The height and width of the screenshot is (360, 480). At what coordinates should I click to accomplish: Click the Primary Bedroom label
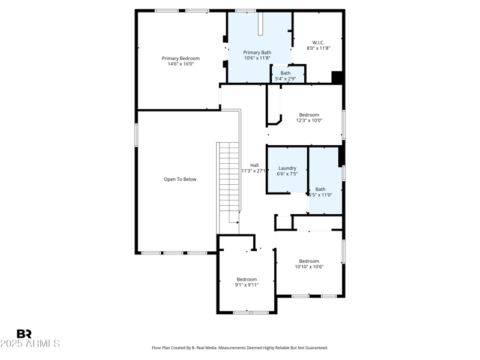click(181, 58)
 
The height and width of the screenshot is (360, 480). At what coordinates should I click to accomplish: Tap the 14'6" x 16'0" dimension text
click(181, 64)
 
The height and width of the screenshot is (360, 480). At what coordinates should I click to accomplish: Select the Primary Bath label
click(257, 52)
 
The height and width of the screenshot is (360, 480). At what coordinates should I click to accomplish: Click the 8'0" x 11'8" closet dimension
click(318, 48)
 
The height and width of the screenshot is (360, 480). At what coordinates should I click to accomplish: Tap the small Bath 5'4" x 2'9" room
click(286, 76)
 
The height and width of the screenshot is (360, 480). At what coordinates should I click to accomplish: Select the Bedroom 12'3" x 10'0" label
click(309, 115)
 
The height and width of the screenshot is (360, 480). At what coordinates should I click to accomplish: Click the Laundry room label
click(287, 168)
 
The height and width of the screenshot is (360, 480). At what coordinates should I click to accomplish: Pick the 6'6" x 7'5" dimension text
click(287, 174)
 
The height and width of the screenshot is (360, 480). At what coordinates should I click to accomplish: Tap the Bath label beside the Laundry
click(320, 189)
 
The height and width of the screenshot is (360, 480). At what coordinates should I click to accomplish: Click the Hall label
click(254, 165)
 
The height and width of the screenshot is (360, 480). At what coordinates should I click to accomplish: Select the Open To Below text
click(180, 179)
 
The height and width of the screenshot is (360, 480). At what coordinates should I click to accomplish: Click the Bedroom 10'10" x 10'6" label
click(309, 261)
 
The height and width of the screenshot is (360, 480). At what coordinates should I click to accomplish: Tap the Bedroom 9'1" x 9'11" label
click(247, 279)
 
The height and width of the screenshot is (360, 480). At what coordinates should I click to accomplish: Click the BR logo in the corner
click(24, 334)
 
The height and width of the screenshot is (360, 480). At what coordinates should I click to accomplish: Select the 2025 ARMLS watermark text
click(30, 344)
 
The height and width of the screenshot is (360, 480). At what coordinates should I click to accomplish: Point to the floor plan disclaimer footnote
click(240, 348)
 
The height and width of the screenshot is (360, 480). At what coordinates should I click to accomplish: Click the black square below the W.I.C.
click(337, 77)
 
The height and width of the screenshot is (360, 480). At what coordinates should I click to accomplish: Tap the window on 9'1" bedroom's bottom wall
click(251, 312)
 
